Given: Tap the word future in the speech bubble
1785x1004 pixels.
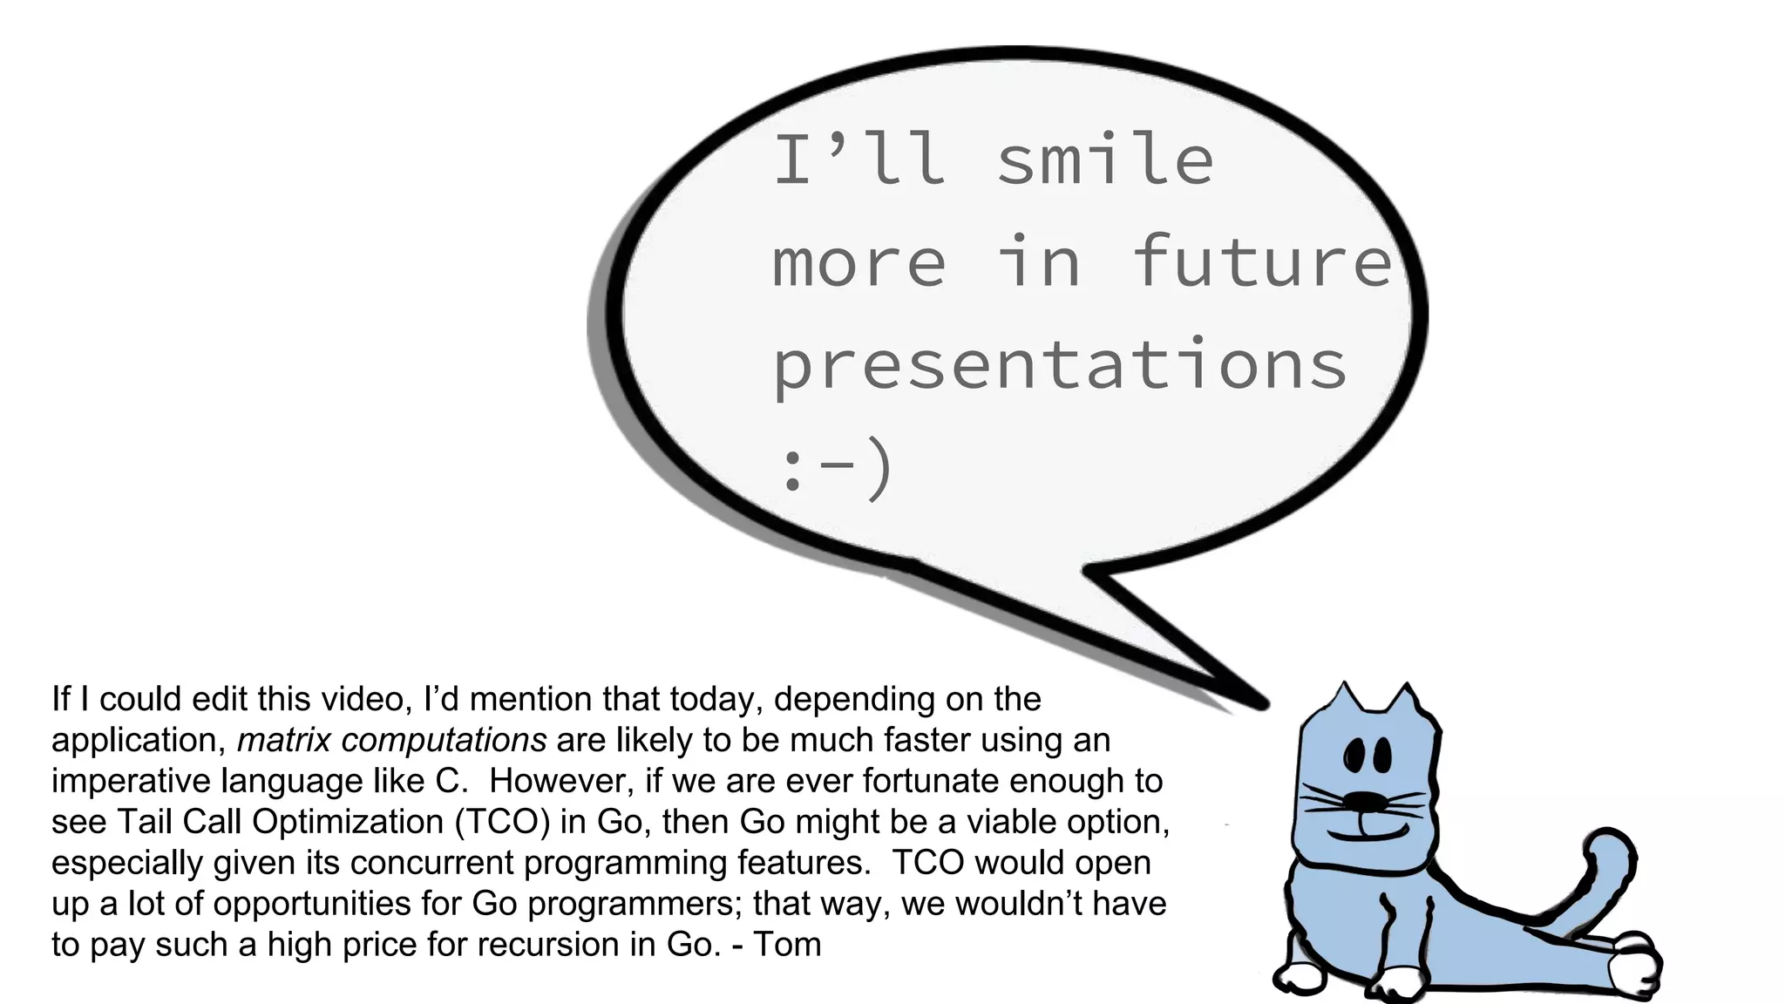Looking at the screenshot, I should [x=1261, y=261].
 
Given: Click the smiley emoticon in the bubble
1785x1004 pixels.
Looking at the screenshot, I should [x=835, y=468].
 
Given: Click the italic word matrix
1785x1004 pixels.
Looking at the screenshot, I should [x=284, y=740].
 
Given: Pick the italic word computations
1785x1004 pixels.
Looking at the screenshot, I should [x=444, y=740].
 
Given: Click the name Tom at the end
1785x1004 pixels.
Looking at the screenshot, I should [x=787, y=945].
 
